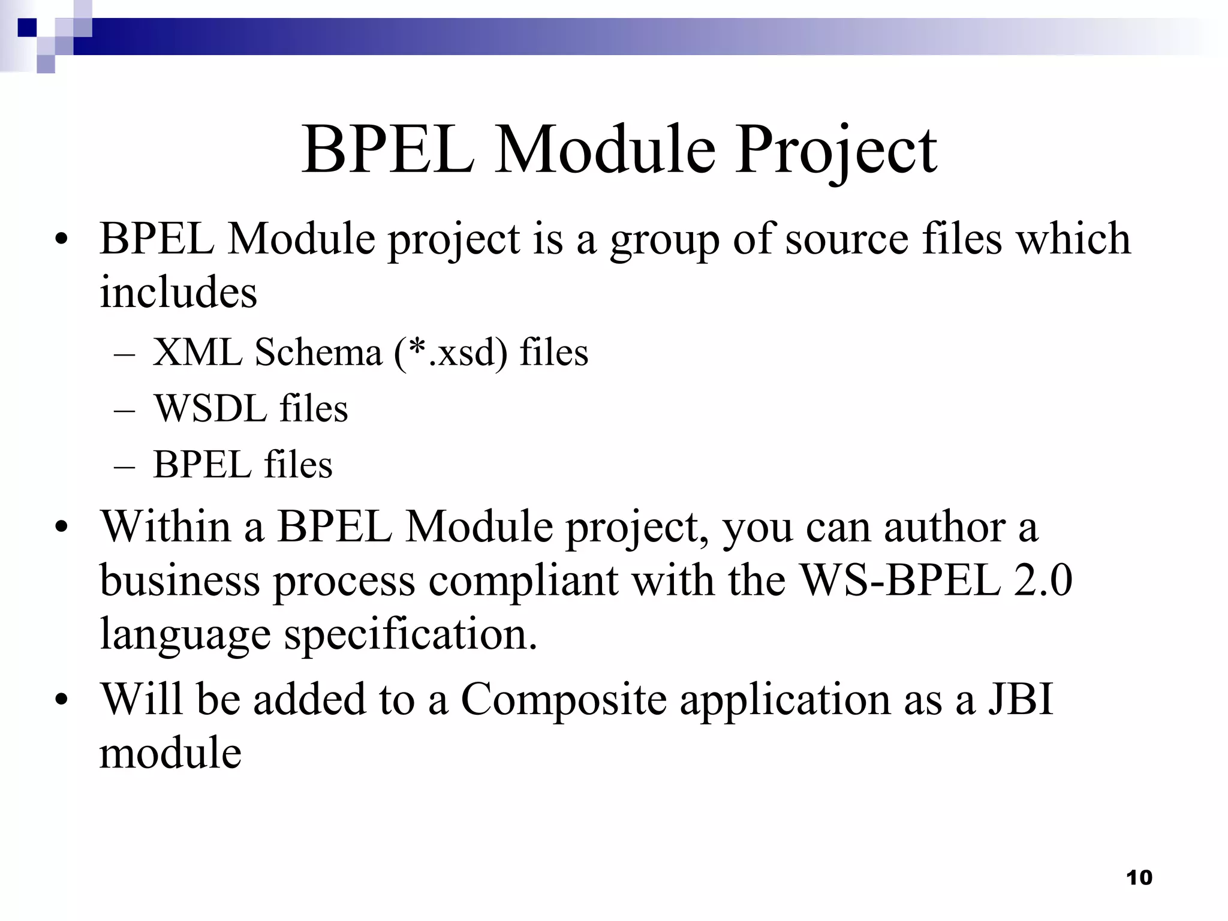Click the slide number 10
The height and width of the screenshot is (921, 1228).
(x=1139, y=878)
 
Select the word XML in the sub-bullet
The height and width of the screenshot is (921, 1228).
(x=197, y=352)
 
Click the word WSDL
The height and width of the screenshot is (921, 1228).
(x=210, y=409)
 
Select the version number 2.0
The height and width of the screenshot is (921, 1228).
(x=1043, y=580)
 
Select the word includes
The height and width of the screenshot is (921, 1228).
(x=178, y=293)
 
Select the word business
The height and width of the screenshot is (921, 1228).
(x=179, y=580)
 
